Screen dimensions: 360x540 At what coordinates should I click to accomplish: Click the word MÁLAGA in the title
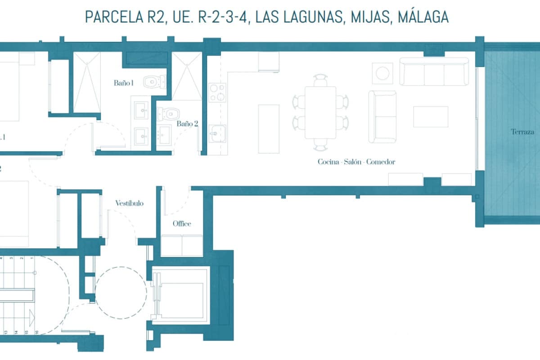[x=423, y=17]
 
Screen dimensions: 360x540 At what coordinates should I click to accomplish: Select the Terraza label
[x=522, y=132]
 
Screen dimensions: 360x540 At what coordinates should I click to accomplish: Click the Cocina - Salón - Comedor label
[x=356, y=162]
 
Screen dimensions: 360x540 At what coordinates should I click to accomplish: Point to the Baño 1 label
[x=124, y=83]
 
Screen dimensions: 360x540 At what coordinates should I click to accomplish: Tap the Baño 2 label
[x=187, y=123]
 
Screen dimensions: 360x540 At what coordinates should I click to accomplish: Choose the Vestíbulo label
[x=129, y=203]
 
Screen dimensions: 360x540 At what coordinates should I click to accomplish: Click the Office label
[x=182, y=224]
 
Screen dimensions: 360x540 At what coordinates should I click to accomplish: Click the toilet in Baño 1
[x=154, y=82]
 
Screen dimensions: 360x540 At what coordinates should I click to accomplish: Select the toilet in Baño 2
[x=170, y=113]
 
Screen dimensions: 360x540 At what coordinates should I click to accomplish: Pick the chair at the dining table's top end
[x=320, y=80]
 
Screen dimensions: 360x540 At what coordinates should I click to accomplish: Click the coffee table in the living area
[x=431, y=117]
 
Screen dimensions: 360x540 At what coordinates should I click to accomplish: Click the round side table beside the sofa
[x=382, y=73]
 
